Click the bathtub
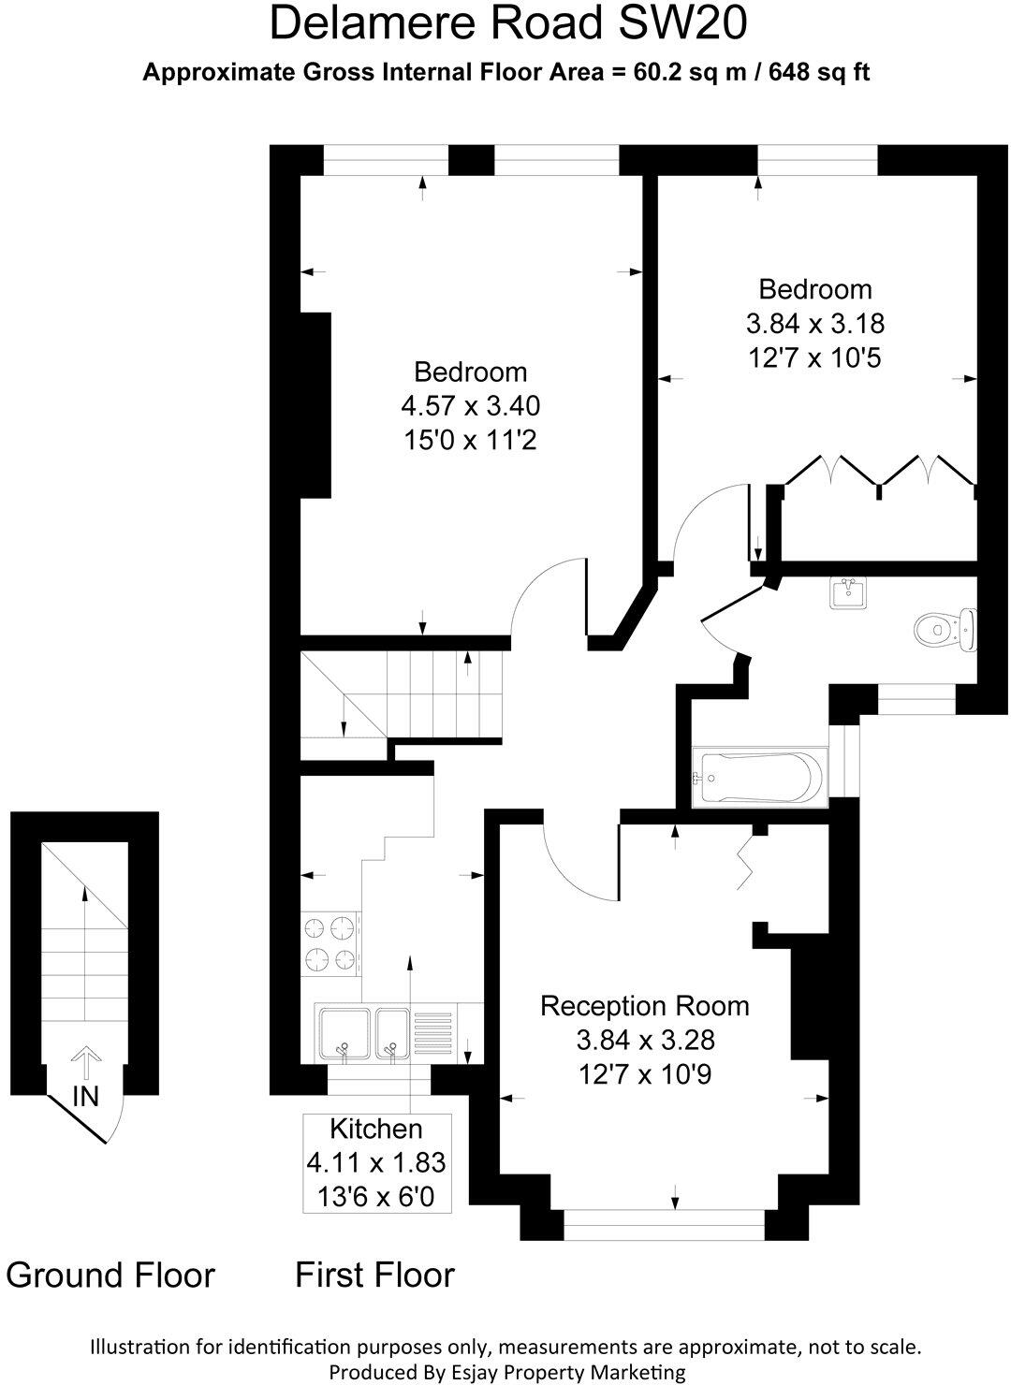point(759,777)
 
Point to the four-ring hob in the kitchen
point(330,943)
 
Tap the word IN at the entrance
point(85,1096)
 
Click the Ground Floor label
point(110,1275)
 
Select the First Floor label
point(374,1275)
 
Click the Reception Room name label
point(645,1006)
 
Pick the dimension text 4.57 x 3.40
point(471,406)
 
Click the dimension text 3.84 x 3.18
point(814,324)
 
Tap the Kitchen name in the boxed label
point(376,1129)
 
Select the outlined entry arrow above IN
point(85,1063)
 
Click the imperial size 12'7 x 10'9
point(645,1074)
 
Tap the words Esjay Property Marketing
point(571,1372)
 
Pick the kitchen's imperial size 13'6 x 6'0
point(376,1196)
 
